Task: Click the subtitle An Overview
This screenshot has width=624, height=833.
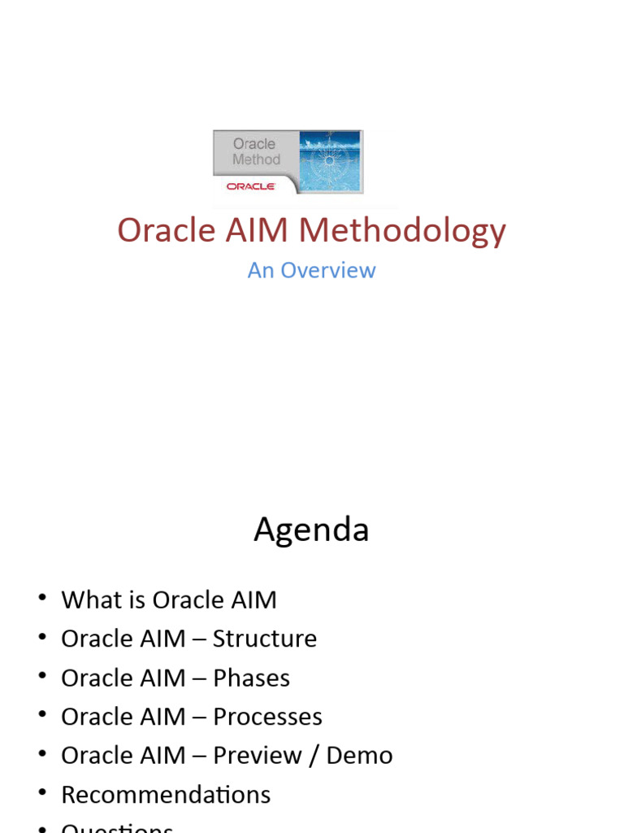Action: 311,270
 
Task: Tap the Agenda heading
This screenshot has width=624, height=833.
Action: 311,530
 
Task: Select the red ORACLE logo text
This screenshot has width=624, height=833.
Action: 252,186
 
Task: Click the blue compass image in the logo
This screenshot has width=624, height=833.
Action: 330,161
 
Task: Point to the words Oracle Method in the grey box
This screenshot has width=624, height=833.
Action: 255,151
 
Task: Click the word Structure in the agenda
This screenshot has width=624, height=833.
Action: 265,639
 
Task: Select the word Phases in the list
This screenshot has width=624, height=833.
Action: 251,678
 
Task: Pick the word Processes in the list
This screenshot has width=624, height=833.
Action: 267,717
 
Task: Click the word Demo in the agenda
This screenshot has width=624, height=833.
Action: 359,756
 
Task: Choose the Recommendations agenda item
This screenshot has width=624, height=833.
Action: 166,795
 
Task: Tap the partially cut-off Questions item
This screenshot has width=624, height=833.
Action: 117,827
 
